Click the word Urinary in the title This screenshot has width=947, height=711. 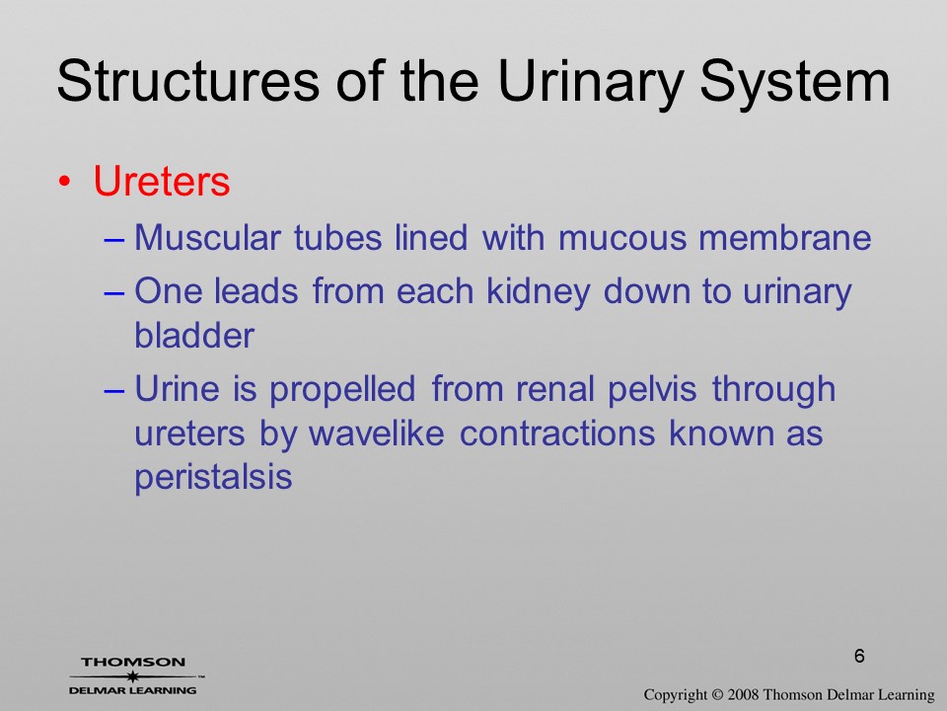(591, 83)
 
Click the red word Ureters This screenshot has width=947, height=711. (162, 180)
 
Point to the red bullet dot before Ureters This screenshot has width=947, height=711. (65, 182)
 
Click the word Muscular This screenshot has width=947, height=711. (207, 237)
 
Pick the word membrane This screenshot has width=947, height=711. (784, 237)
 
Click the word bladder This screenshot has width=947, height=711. (194, 335)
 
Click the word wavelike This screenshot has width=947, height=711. (376, 433)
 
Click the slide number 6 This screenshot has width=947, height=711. (859, 656)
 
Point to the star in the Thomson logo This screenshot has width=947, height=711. (132, 675)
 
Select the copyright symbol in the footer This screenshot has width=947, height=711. (717, 694)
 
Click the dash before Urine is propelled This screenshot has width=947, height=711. (113, 391)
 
